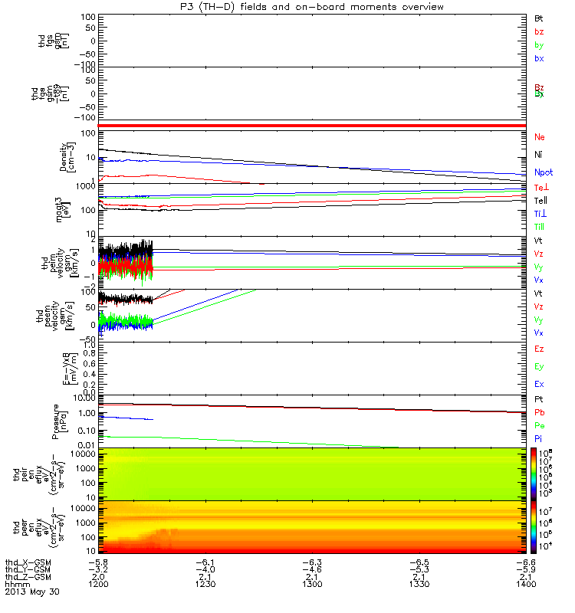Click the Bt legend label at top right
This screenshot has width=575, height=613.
[539, 17]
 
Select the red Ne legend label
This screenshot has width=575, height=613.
[539, 136]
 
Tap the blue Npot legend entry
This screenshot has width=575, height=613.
[543, 172]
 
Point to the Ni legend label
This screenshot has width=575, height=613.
[538, 155]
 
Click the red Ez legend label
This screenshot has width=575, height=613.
[539, 349]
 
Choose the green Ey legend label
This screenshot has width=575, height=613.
[539, 366]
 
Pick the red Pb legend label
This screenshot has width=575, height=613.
[539, 412]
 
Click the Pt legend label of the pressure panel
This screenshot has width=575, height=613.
[539, 400]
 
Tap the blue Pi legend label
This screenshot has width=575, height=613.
[539, 438]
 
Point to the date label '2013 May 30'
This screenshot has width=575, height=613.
[31, 592]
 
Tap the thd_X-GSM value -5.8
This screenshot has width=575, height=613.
[99, 559]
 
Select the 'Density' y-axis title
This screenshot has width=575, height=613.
[62, 156]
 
